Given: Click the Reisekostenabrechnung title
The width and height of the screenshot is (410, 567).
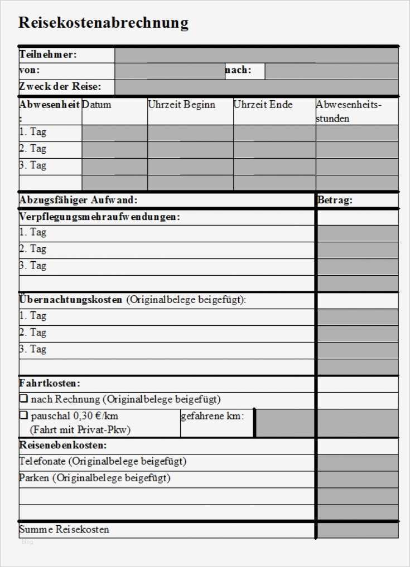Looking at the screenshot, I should [103, 23].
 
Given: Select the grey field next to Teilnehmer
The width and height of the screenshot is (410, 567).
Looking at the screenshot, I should [256, 55].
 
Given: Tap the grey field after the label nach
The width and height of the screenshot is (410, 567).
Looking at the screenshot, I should [331, 71].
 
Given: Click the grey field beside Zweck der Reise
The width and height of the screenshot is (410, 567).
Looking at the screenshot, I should [256, 87].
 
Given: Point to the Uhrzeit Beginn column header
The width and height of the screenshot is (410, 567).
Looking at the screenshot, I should [181, 105].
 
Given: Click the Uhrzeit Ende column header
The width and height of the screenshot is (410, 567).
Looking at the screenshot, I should [263, 105].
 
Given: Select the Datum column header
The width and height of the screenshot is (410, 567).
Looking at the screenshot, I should [97, 105].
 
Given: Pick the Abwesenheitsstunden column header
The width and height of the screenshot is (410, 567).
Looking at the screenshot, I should [349, 111].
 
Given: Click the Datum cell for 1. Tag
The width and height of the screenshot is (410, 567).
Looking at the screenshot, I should [114, 133].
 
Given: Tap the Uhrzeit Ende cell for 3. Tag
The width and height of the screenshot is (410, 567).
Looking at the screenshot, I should [274, 167].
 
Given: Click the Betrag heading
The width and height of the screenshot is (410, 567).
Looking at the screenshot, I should [335, 201].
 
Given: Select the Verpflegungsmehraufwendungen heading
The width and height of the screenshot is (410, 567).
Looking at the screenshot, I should [100, 217].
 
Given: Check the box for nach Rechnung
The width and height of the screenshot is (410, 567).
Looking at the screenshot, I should [23, 399].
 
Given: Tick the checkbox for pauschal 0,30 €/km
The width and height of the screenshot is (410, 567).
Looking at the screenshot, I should [23, 416].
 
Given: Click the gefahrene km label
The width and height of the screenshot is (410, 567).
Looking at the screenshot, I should [212, 416].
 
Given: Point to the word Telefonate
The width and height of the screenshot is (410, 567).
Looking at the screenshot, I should [43, 461].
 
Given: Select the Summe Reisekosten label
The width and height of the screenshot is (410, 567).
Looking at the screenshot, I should [64, 529].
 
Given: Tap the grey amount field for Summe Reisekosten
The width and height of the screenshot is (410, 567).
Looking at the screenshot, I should [358, 530].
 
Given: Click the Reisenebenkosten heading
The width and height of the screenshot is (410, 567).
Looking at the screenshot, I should [63, 445].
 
